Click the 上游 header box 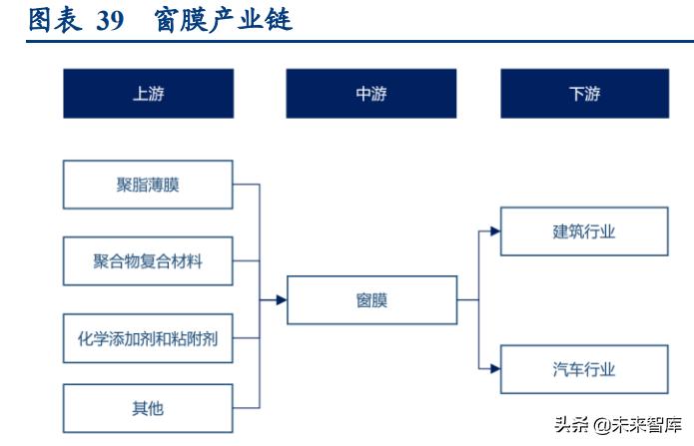click(x=148, y=94)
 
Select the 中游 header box click(x=370, y=94)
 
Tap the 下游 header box click(x=584, y=94)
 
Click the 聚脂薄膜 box click(x=148, y=185)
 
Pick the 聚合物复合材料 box click(x=148, y=261)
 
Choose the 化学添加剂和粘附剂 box click(x=148, y=339)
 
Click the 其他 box click(x=148, y=408)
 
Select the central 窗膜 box click(x=372, y=299)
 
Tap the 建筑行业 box click(x=584, y=231)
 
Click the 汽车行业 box click(x=584, y=370)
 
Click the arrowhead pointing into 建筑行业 click(x=494, y=231)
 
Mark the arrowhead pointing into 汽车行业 click(x=494, y=370)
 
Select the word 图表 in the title click(x=54, y=19)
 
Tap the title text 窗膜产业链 click(x=224, y=19)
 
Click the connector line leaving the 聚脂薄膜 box click(x=246, y=185)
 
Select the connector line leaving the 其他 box click(x=246, y=407)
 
